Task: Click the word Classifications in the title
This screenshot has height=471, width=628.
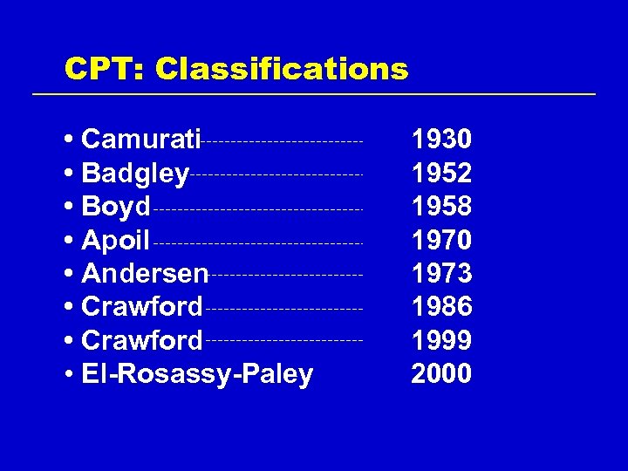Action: [282, 69]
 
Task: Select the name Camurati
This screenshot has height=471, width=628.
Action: [141, 140]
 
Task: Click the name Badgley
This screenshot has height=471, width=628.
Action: [135, 174]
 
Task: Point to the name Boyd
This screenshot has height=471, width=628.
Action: [116, 208]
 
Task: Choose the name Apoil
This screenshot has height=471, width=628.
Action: [116, 240]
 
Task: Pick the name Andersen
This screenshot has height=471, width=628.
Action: [145, 274]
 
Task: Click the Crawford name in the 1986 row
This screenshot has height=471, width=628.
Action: [141, 307]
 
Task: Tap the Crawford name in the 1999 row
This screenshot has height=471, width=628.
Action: [141, 340]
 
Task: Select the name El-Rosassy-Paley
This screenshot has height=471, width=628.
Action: [197, 374]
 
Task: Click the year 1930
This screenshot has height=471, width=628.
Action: [441, 140]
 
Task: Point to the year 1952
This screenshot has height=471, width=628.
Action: [441, 174]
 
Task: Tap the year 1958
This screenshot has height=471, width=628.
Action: [441, 207]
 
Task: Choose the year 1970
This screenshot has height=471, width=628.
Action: [441, 240]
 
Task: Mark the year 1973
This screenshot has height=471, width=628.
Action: [441, 274]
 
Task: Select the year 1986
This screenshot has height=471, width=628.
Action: [441, 307]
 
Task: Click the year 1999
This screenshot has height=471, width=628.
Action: [441, 340]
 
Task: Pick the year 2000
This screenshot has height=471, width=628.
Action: [441, 374]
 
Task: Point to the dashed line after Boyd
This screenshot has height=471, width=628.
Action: [257, 209]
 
